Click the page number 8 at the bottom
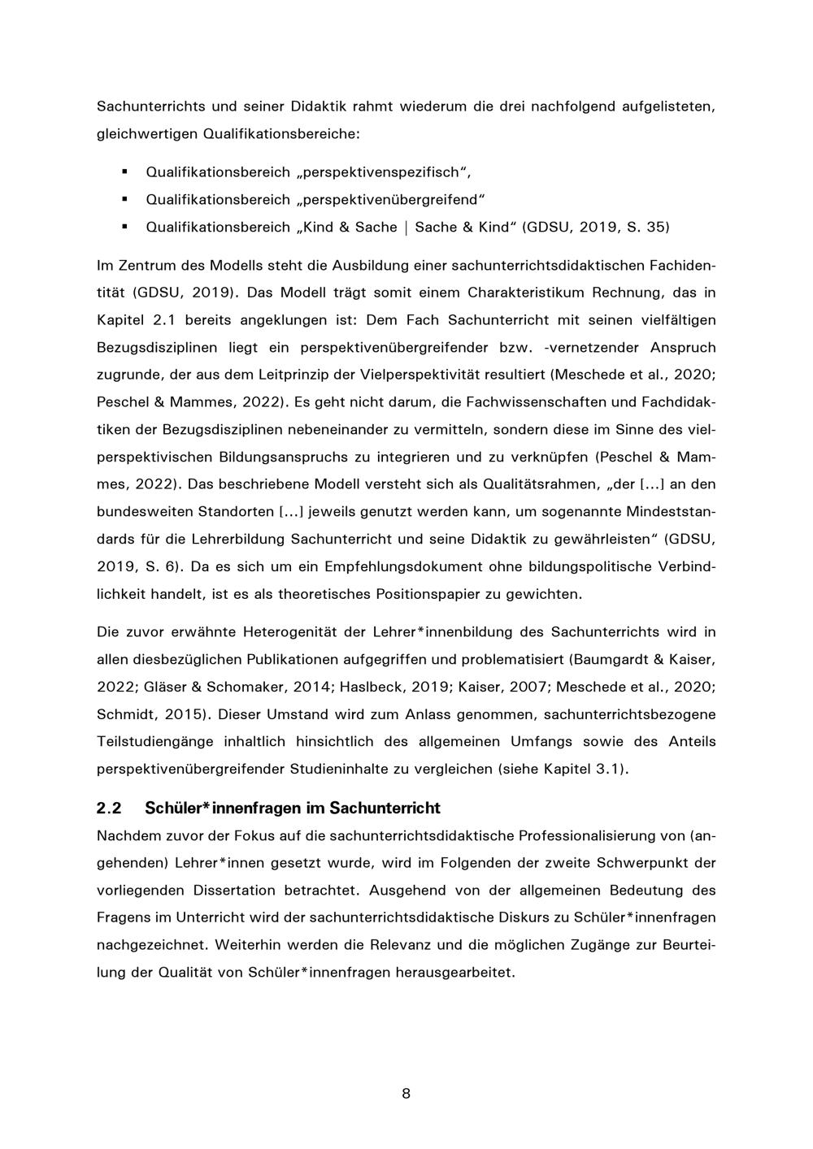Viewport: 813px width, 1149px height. click(x=406, y=1094)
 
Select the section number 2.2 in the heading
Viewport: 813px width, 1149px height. click(x=108, y=809)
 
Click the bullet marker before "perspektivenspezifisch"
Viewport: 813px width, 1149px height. click(x=124, y=171)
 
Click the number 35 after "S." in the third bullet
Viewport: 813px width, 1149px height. click(x=656, y=227)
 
